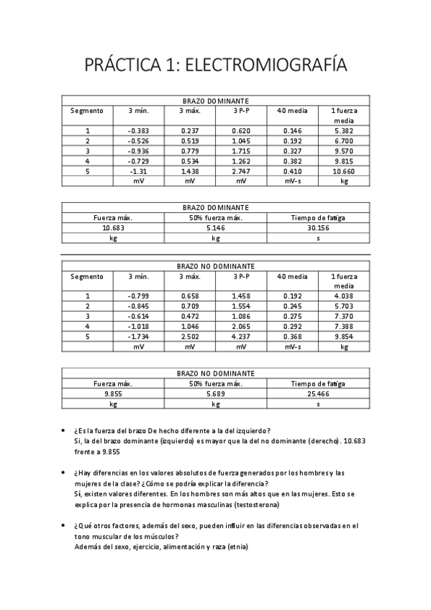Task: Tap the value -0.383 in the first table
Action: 138,131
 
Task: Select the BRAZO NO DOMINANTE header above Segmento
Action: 215,266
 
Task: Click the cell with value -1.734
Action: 138,336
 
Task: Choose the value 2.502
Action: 190,336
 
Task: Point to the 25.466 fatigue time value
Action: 318,394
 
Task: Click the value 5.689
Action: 216,394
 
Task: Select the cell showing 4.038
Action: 343,296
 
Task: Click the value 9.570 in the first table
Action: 343,152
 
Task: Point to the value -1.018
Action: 138,326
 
